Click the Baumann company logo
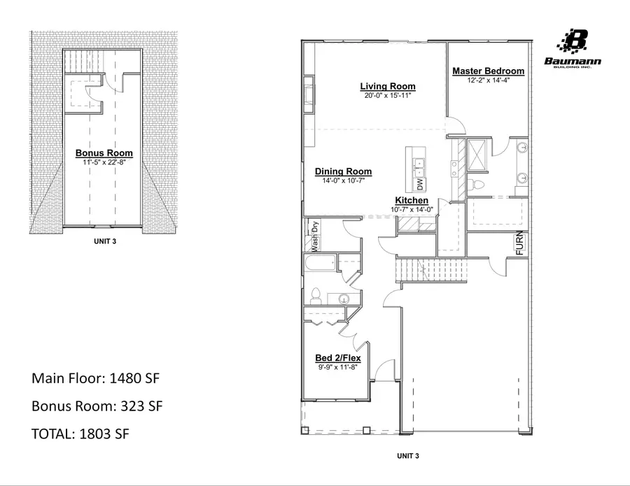tap(573, 49)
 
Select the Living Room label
tap(388, 87)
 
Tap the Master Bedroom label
tap(488, 71)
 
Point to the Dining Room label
tap(343, 171)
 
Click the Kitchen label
tap(412, 201)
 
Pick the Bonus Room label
tap(104, 153)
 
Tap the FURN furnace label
tap(520, 243)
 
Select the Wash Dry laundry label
tap(315, 236)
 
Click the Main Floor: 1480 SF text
tap(96, 378)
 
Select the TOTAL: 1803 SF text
tap(80, 434)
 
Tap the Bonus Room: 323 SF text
tap(97, 406)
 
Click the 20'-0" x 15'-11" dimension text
tap(388, 95)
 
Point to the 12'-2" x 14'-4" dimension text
tap(488, 80)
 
